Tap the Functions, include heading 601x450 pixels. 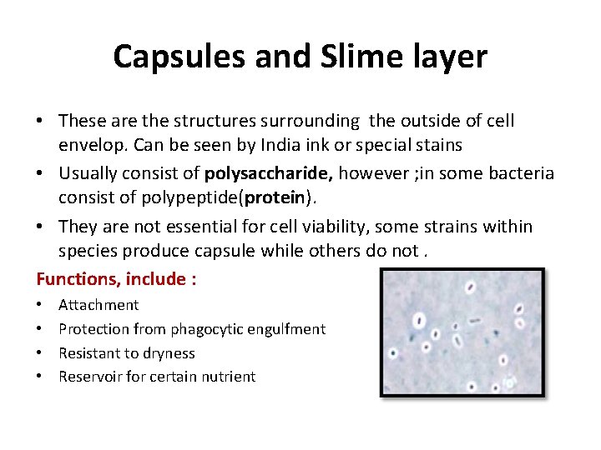point(116,279)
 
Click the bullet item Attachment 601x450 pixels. point(98,305)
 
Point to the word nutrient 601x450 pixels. point(228,377)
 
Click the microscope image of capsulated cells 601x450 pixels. point(462,331)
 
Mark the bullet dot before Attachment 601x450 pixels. point(40,306)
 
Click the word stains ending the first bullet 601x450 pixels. point(437,144)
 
